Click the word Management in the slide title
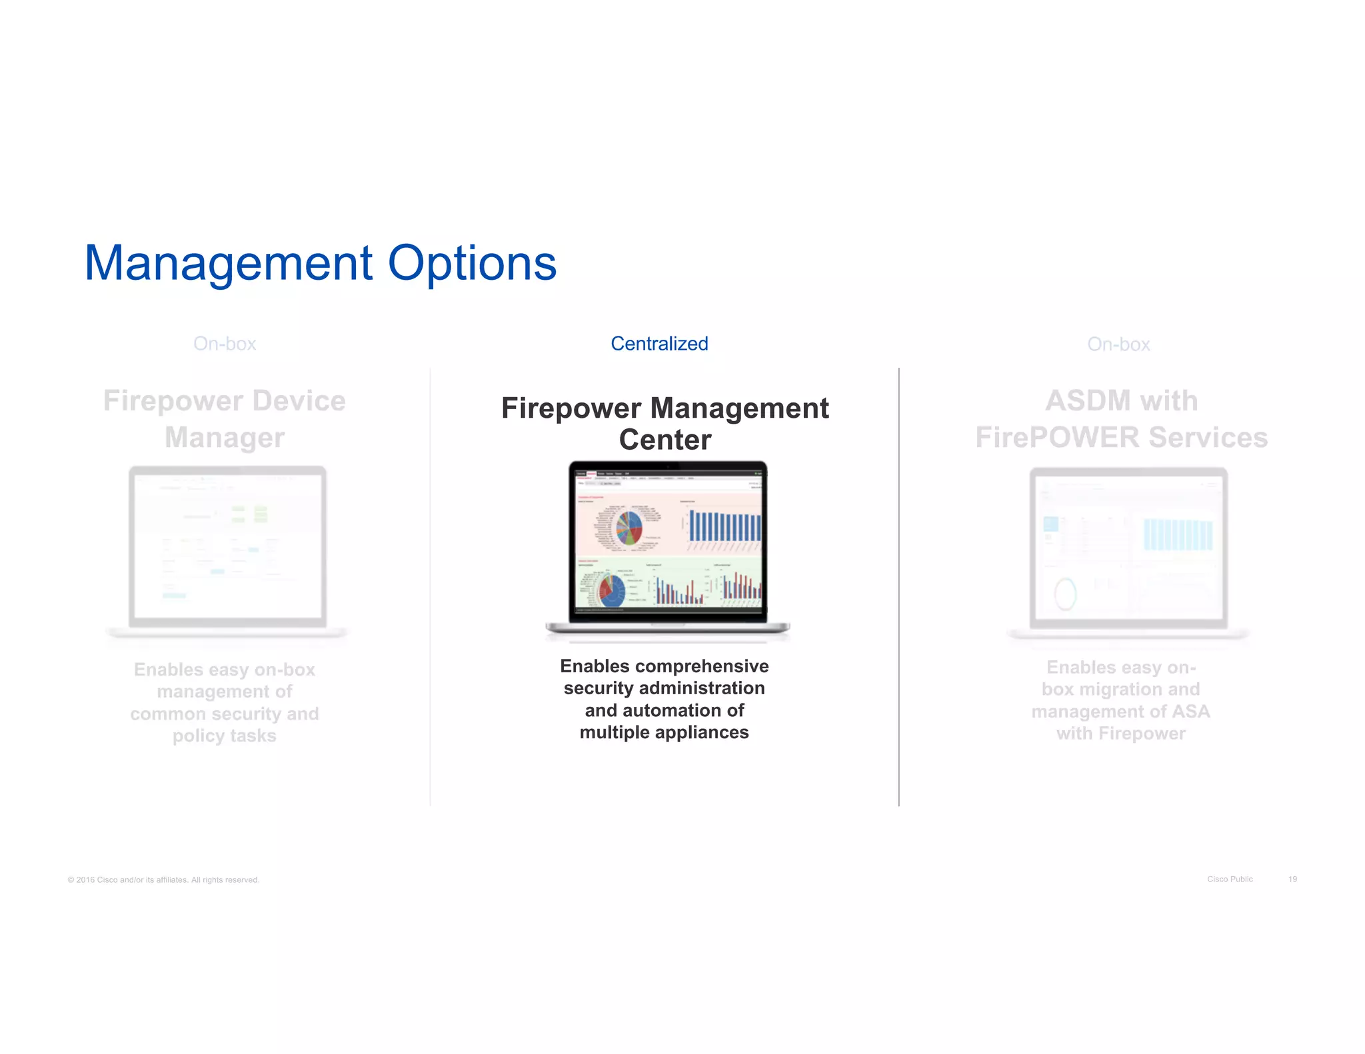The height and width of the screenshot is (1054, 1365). (x=228, y=264)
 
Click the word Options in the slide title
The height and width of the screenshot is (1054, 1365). (x=472, y=264)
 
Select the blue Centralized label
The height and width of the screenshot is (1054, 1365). (x=659, y=344)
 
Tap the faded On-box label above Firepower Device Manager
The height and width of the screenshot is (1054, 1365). (x=225, y=344)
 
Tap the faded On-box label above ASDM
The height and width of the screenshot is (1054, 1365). (x=1118, y=344)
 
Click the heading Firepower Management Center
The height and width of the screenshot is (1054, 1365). (x=665, y=424)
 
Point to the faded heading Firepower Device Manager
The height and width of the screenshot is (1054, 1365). (x=225, y=419)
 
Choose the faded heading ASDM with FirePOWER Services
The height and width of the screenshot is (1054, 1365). (x=1121, y=419)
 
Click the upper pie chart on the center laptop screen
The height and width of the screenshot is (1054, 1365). (x=629, y=527)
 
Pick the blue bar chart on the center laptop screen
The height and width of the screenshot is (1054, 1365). (x=724, y=526)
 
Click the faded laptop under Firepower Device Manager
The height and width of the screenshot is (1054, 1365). (x=227, y=550)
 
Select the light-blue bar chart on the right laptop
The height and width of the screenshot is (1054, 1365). (x=1178, y=534)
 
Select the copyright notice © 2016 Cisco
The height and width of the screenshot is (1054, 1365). (x=163, y=880)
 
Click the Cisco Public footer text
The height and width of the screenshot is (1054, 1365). (x=1230, y=879)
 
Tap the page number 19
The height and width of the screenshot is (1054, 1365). (x=1292, y=879)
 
